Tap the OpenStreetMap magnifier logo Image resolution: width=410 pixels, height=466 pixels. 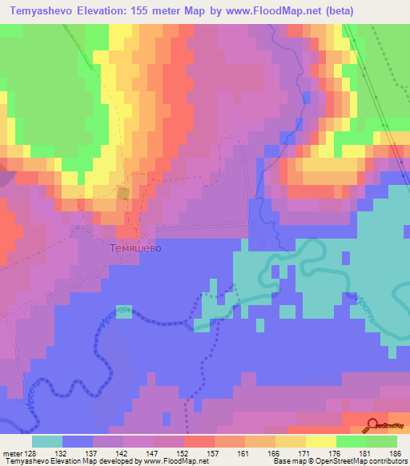[373, 425]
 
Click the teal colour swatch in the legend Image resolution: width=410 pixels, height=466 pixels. [47, 441]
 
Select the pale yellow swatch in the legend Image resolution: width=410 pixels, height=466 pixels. [321, 441]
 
